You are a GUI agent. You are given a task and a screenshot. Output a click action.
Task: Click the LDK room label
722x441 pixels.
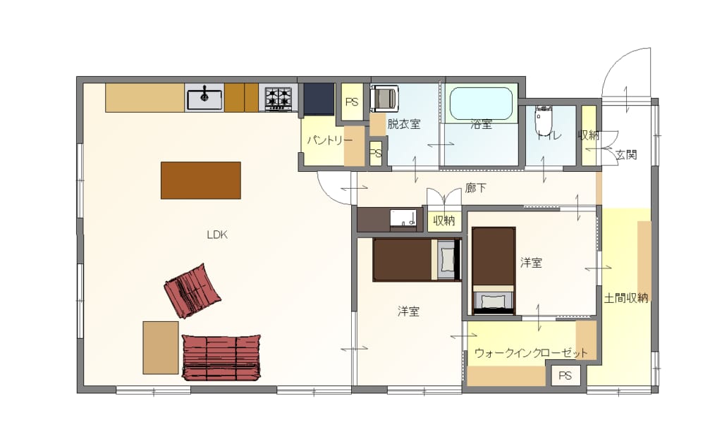point(217,235)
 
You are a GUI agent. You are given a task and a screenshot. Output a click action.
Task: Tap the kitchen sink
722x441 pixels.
point(204,97)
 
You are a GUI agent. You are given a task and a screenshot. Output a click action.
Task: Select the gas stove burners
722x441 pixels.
point(278,97)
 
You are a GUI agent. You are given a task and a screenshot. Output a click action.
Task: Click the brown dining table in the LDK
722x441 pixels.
point(201,180)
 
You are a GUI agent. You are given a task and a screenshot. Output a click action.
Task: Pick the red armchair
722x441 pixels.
point(192,291)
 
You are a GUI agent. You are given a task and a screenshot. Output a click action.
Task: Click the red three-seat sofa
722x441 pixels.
point(221,357)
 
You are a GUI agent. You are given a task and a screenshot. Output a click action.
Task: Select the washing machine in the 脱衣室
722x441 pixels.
point(384,98)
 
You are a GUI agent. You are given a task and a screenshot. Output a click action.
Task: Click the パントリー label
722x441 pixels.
point(329,139)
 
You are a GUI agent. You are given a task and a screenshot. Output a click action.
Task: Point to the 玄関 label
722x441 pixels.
point(626,155)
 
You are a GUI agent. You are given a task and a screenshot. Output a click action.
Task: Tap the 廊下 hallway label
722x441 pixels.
point(475,187)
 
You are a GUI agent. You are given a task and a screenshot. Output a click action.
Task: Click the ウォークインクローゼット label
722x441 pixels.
point(531,353)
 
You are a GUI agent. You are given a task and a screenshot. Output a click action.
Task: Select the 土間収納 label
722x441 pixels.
point(626,298)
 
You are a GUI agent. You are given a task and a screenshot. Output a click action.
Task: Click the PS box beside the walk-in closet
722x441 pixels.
point(565,375)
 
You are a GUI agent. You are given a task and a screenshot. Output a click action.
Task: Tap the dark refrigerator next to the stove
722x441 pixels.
point(319,99)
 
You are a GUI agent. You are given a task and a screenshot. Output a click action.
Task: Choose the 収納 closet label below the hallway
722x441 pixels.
point(444,220)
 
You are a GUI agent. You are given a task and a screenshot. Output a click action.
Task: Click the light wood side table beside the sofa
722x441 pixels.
point(161,347)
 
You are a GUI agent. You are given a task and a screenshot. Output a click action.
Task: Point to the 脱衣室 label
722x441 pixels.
point(403,124)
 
